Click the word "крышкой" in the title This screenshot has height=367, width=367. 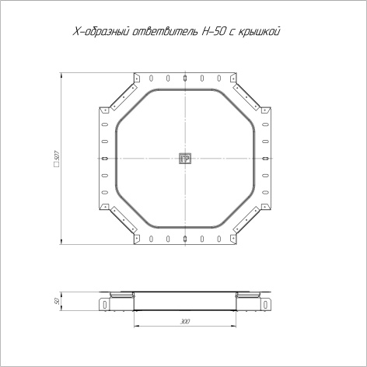(258, 32)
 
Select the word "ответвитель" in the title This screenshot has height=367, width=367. (165, 32)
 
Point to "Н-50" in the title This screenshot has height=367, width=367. (211, 31)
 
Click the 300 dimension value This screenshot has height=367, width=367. (185, 322)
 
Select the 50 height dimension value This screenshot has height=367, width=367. (58, 301)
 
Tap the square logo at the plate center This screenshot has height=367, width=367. (185, 159)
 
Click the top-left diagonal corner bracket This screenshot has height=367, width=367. (124, 96)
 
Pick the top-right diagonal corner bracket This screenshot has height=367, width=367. (246, 96)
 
